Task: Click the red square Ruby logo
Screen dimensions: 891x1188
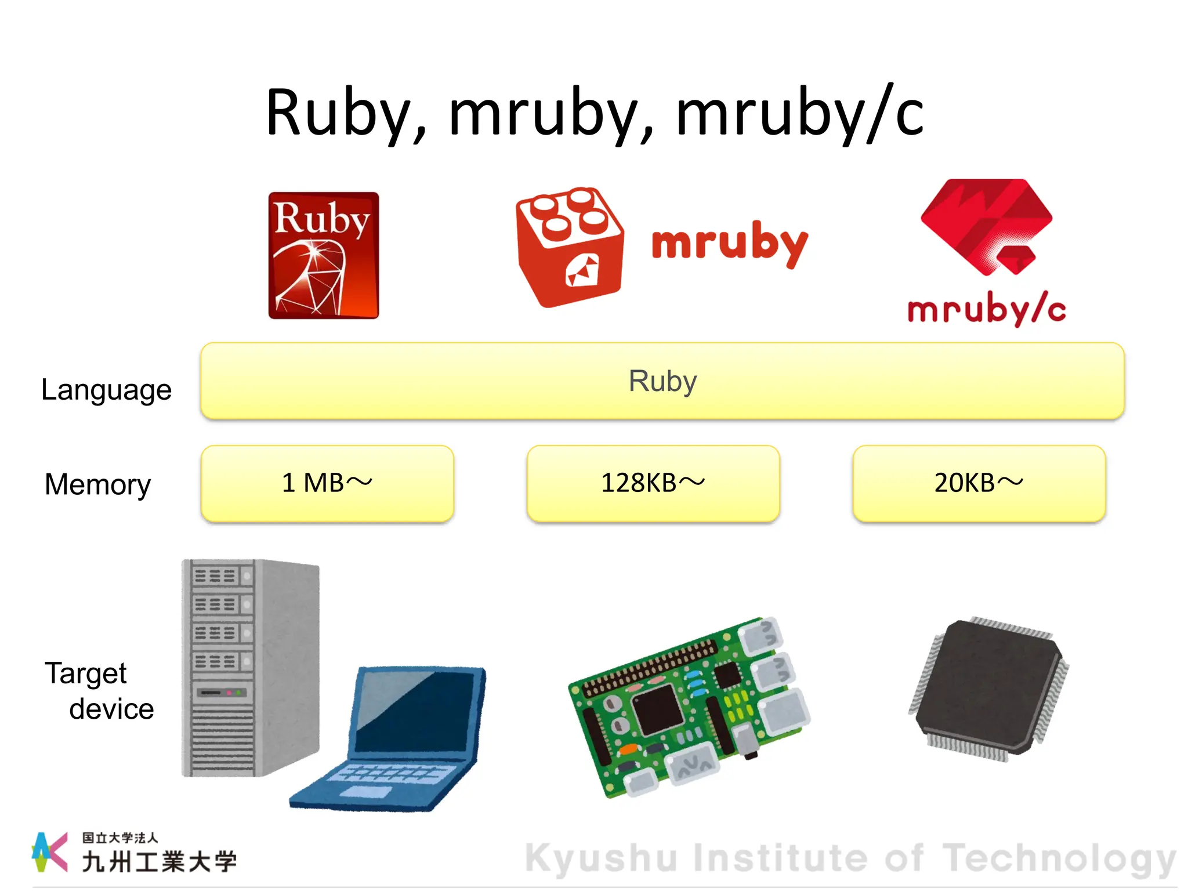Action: coord(323,255)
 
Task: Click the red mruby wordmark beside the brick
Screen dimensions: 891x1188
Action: coord(730,243)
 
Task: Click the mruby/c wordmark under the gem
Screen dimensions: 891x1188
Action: coord(987,310)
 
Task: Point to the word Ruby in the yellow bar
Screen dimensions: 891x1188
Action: coord(662,381)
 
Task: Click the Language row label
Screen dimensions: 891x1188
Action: coord(106,390)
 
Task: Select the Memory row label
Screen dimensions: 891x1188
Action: coord(97,484)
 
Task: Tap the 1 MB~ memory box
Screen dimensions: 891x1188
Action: coord(327,483)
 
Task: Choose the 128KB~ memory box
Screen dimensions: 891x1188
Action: coord(653,483)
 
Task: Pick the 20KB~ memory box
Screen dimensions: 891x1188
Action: coord(979,483)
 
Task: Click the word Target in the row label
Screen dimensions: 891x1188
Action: coord(85,673)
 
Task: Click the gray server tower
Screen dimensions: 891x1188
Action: coord(249,667)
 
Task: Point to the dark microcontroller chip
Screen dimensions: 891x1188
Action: coord(990,688)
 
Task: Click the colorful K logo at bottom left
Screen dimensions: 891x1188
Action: coord(49,852)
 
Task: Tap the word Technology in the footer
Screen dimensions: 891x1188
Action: coord(1059,859)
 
